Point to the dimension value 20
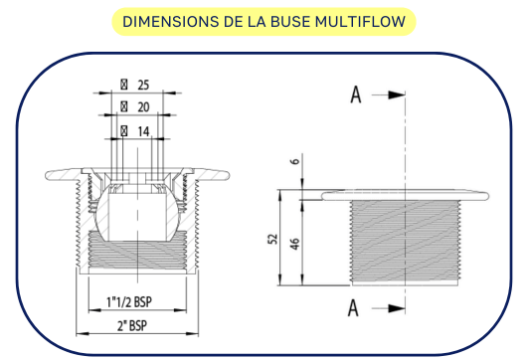tap(142, 106)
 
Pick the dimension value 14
tap(142, 130)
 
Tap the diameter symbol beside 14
tap(124, 130)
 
